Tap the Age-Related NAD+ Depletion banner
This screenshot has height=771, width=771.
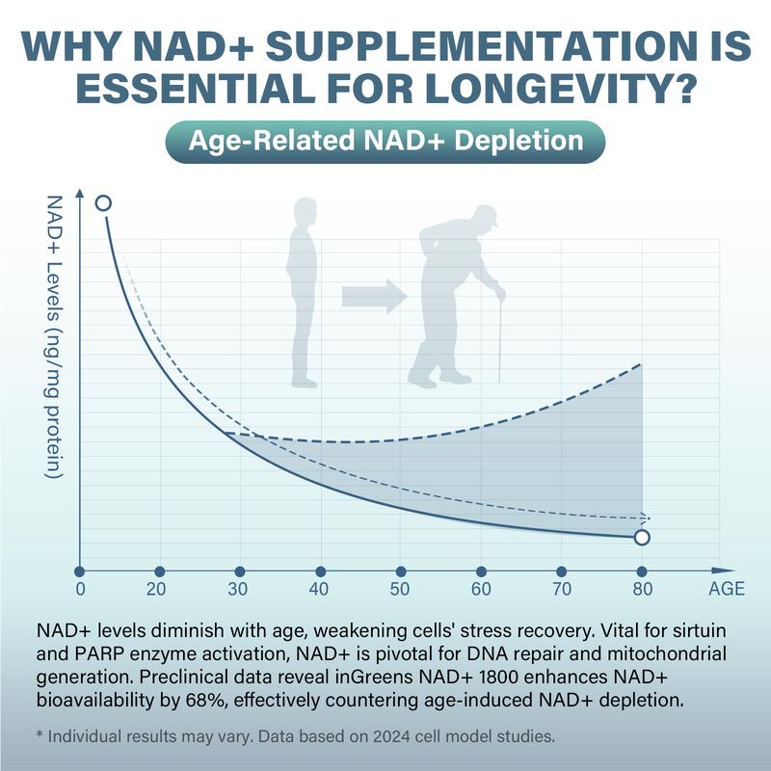point(385,141)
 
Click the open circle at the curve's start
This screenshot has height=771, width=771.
point(103,202)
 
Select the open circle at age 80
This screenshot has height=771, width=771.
point(642,537)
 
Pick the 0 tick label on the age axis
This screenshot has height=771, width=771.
point(81,590)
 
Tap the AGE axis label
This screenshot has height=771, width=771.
point(728,590)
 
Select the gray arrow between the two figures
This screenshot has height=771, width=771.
point(375,295)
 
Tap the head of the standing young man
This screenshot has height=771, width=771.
point(306,211)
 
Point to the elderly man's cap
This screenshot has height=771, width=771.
point(487,216)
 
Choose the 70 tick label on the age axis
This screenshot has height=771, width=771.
point(561,590)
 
